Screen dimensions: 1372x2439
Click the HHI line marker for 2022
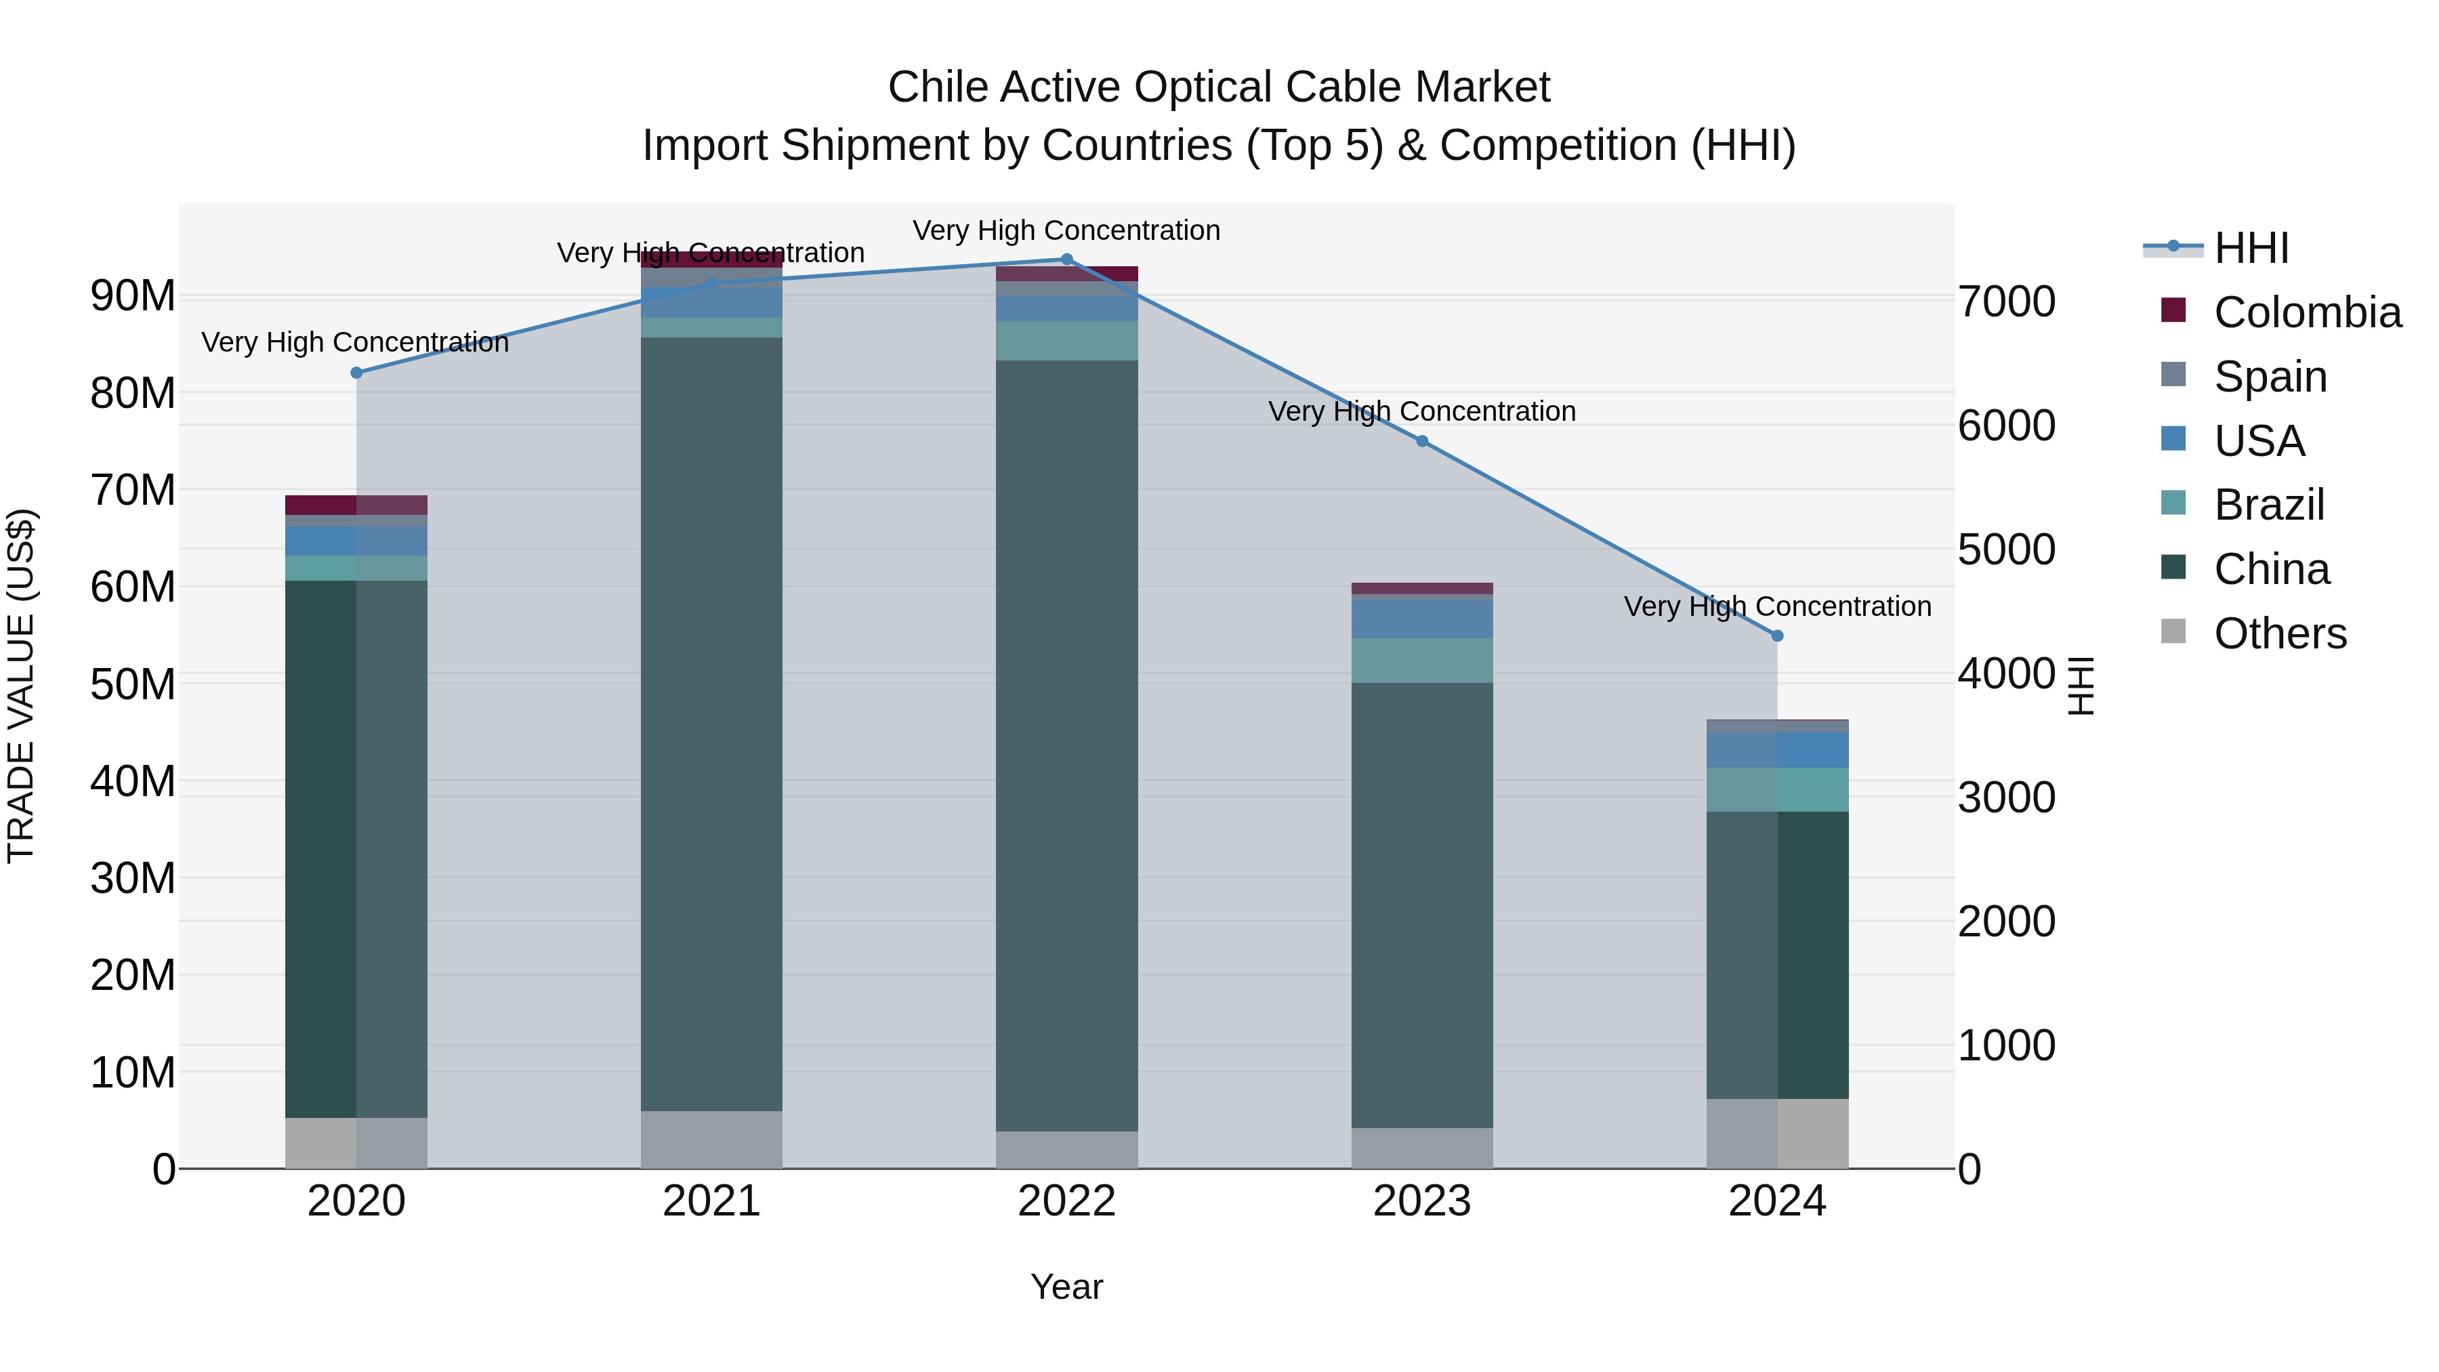pos(1066,259)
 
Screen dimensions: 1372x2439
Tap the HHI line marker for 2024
pos(1777,636)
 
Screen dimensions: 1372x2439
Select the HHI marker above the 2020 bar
pos(357,373)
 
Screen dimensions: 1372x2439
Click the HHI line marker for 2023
pos(1421,441)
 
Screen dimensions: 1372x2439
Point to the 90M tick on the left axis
pos(133,296)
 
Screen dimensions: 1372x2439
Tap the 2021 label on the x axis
pos(711,1201)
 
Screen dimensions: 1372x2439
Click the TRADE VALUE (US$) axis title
pos(21,686)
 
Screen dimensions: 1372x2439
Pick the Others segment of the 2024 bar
pos(1777,1134)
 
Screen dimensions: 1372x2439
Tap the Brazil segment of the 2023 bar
pos(1421,661)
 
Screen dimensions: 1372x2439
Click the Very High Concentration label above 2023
pos(1421,412)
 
